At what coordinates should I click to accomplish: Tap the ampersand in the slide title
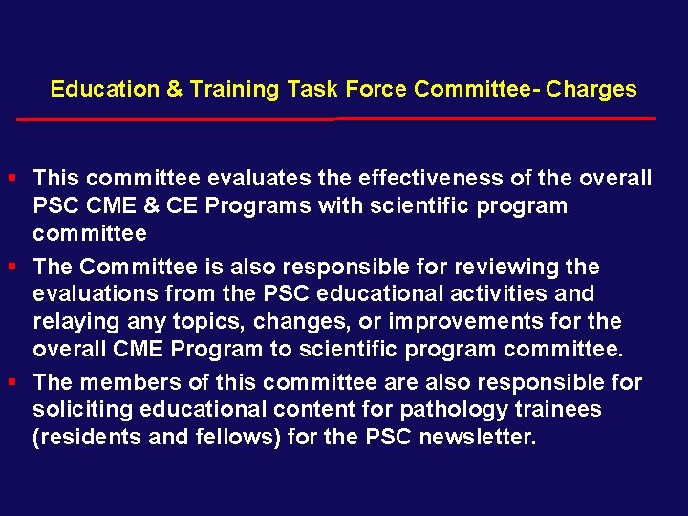coord(175,90)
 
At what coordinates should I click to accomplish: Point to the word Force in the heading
coord(377,90)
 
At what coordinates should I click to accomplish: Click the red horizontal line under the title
coord(334,119)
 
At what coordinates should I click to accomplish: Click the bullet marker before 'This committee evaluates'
coord(11,178)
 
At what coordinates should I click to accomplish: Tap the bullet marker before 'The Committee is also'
coord(11,266)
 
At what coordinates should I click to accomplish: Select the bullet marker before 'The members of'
coord(11,382)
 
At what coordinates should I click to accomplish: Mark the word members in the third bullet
coord(129,382)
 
